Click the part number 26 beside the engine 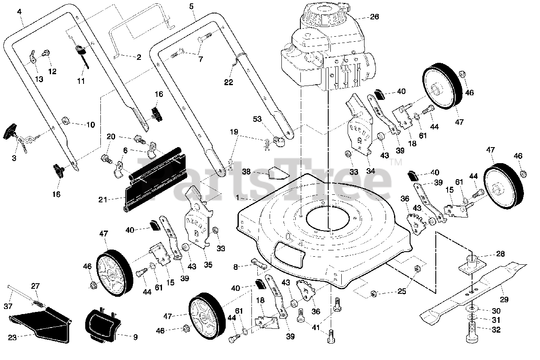tap(374, 17)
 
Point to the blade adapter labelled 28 tap(472, 264)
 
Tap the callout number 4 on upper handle tap(19, 12)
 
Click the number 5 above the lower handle tap(192, 6)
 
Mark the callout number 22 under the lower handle tap(228, 83)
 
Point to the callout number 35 tap(208, 265)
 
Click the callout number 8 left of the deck tap(236, 266)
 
